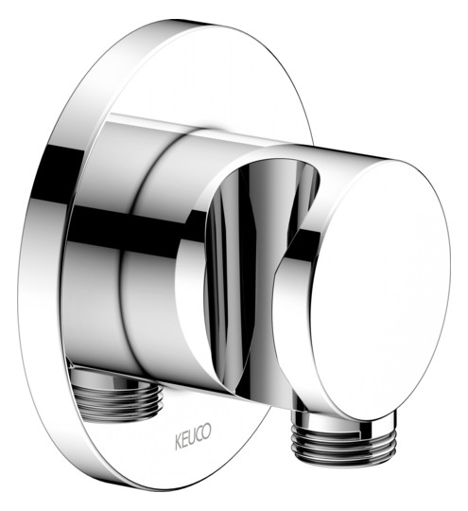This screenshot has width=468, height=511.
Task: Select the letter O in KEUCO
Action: click(206, 431)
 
